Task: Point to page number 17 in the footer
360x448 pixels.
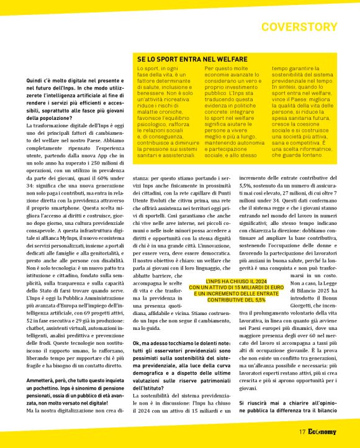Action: (x=302, y=431)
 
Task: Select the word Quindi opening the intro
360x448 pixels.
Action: (x=35, y=81)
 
